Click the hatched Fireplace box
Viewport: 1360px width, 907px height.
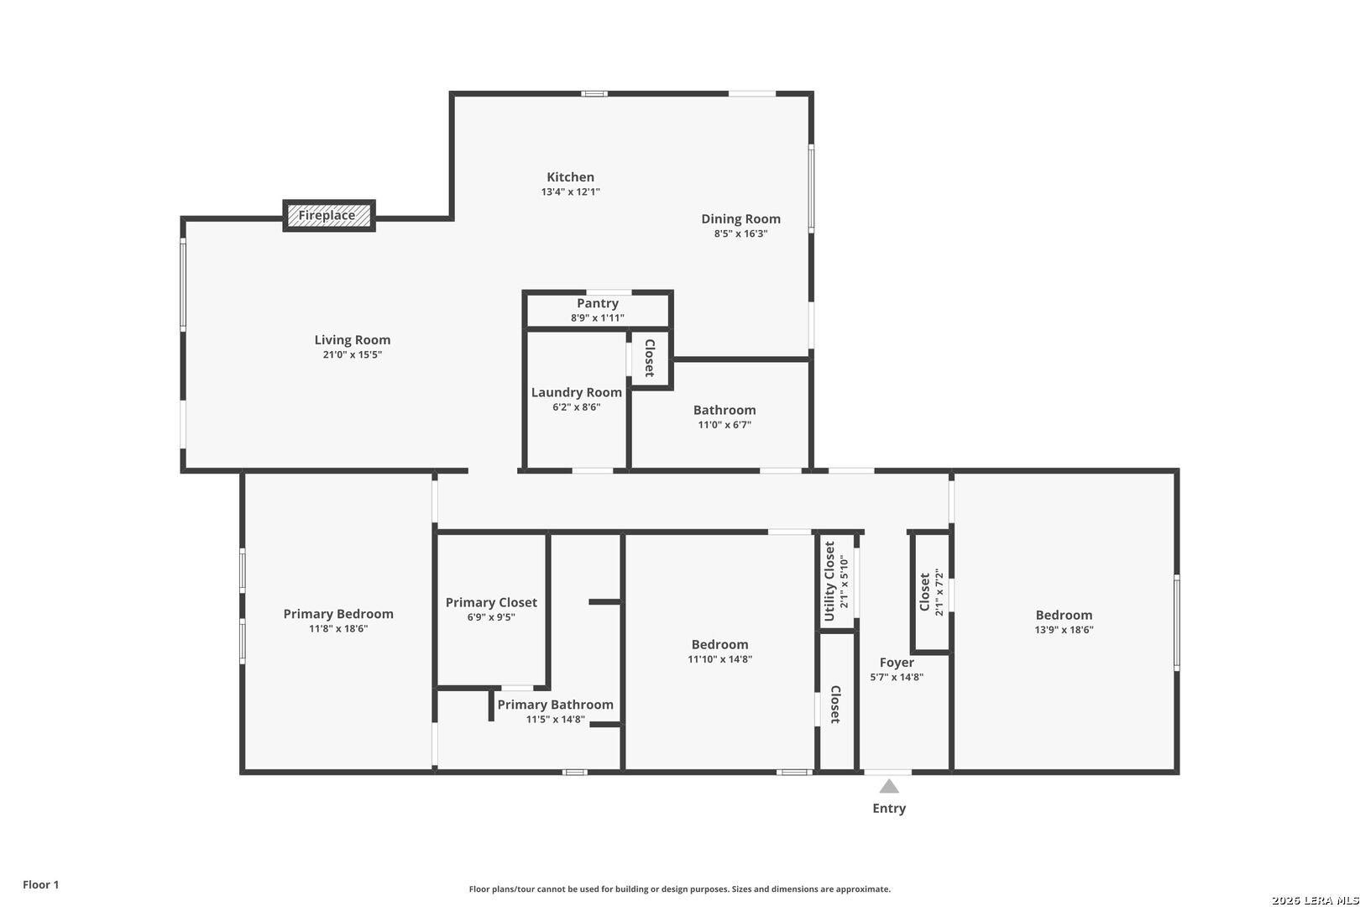click(x=329, y=216)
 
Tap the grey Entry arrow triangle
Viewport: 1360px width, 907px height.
click(x=889, y=786)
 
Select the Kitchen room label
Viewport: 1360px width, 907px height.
click(x=570, y=177)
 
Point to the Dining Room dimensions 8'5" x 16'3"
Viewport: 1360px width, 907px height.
click(x=740, y=233)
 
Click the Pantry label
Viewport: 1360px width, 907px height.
click(x=598, y=303)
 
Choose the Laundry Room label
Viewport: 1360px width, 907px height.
click(x=576, y=392)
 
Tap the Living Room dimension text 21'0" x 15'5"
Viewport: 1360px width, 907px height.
click(x=352, y=354)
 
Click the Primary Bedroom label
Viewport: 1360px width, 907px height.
click(x=338, y=614)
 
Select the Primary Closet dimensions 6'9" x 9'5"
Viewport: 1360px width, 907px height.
click(x=490, y=617)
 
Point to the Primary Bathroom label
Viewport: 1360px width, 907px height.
click(x=555, y=705)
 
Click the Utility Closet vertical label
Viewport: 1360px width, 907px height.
click(x=829, y=581)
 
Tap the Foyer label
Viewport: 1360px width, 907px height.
click(x=896, y=663)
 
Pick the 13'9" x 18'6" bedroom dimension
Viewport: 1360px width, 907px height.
click(x=1064, y=630)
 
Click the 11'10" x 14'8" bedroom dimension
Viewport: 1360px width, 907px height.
click(x=719, y=659)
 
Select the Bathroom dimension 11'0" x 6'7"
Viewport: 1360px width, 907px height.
click(x=724, y=425)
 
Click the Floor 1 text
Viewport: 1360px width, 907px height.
click(x=40, y=884)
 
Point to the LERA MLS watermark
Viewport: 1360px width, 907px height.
click(x=1315, y=900)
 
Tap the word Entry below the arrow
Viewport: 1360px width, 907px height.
click(x=889, y=808)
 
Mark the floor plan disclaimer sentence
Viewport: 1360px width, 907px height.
click(x=679, y=889)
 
